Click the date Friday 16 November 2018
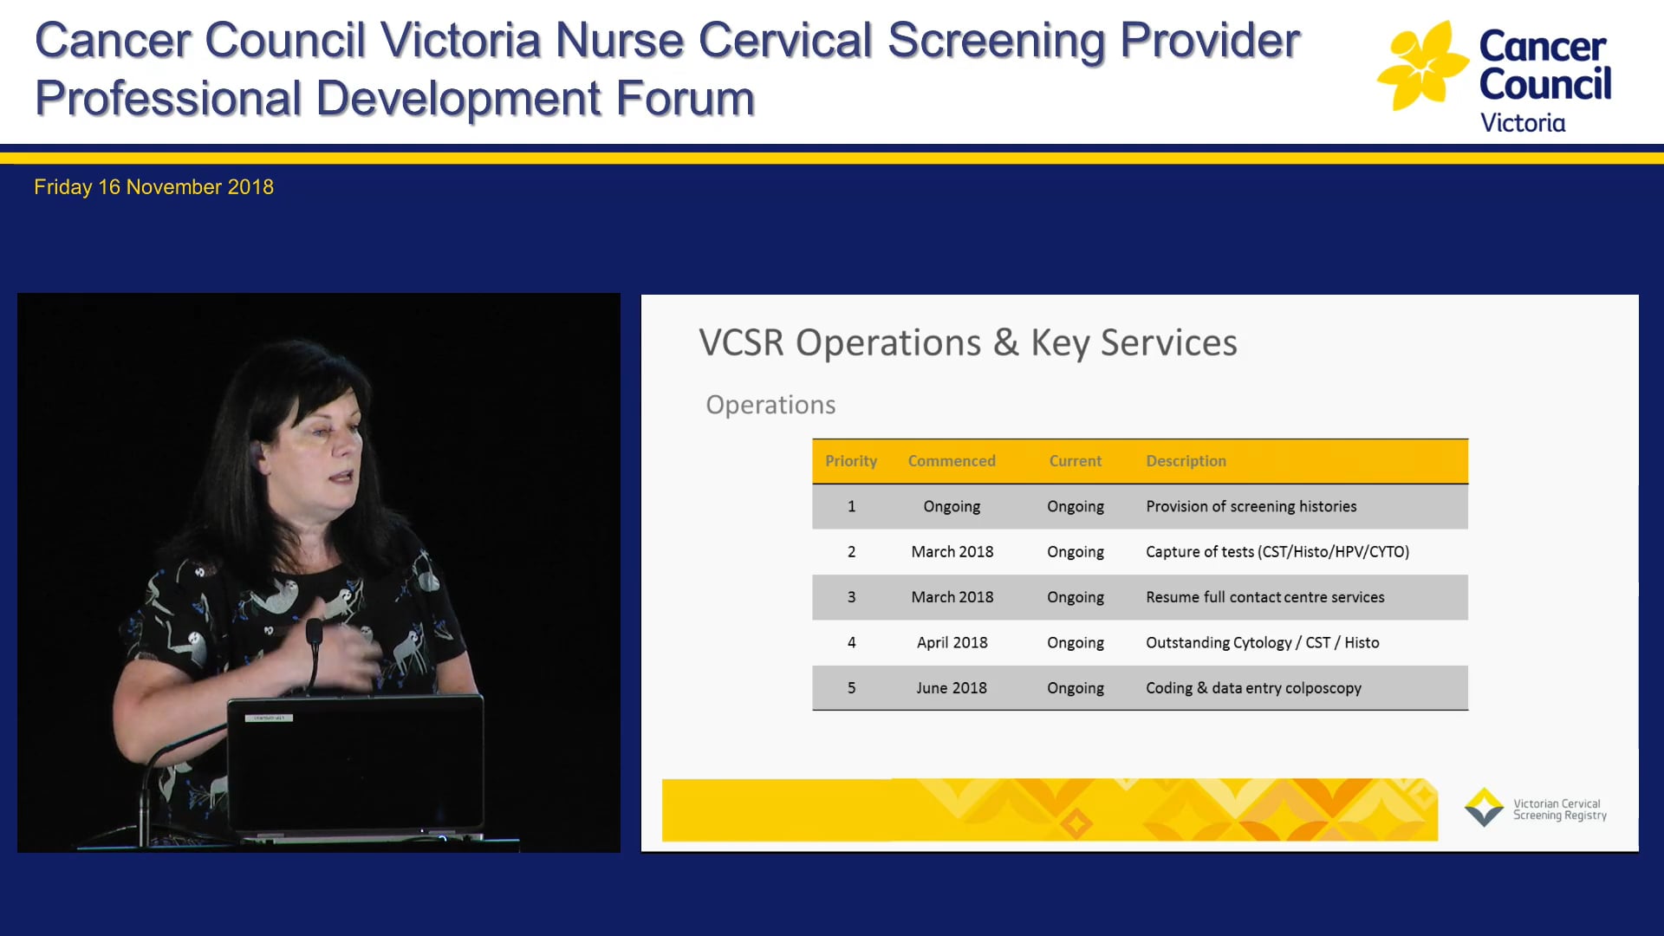(x=153, y=187)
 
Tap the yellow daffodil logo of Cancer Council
(x=1421, y=67)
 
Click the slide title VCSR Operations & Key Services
(x=967, y=342)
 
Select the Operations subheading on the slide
(x=770, y=405)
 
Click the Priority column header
(x=850, y=461)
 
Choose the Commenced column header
(x=951, y=461)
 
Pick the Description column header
(x=1185, y=461)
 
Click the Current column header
(x=1075, y=461)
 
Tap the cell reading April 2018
(x=952, y=642)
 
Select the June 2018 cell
(x=951, y=688)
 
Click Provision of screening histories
(x=1251, y=506)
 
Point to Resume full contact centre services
(x=1264, y=597)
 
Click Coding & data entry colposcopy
(x=1252, y=688)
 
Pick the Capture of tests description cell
(x=1277, y=552)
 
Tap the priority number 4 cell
(x=851, y=642)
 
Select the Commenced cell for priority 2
(x=952, y=552)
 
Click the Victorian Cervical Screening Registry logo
(x=1535, y=808)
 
